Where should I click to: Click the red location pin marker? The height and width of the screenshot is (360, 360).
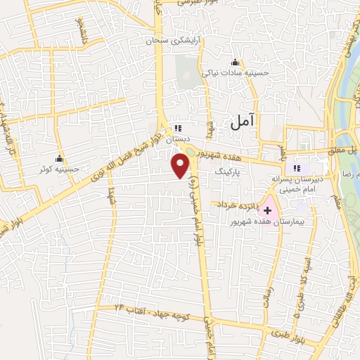181,165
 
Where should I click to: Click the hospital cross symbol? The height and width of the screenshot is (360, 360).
267,210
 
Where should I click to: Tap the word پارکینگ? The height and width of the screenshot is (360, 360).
230,170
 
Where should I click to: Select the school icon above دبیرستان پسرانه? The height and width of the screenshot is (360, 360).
297,168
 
